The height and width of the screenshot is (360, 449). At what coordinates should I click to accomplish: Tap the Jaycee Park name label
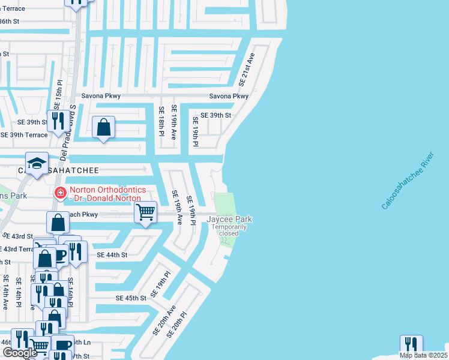(229, 220)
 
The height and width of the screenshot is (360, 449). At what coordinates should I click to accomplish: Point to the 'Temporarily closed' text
(229, 230)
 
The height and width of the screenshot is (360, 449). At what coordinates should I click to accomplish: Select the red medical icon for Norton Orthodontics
(60, 193)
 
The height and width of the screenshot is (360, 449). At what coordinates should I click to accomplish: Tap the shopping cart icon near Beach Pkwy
(146, 212)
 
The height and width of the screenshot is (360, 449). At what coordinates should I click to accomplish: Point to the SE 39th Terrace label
(24, 135)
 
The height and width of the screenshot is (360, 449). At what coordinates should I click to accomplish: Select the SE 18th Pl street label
(161, 121)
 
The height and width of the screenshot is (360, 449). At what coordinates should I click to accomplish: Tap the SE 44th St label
(112, 255)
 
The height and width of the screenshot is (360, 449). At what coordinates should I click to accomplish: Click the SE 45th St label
(131, 298)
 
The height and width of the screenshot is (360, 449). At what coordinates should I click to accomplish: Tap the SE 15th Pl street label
(59, 94)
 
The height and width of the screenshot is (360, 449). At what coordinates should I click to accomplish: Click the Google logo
(20, 353)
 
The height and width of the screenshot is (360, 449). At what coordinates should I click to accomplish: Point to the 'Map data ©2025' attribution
(423, 355)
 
